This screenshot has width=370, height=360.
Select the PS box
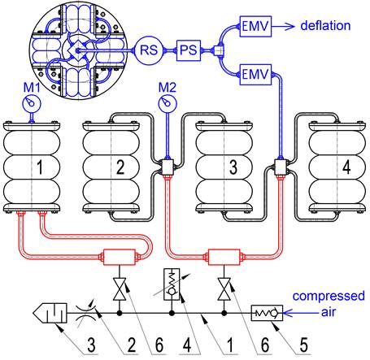point(189,50)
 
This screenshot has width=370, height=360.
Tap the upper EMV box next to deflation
point(255,26)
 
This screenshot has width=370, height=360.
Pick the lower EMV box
point(255,75)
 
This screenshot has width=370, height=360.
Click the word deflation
point(325,25)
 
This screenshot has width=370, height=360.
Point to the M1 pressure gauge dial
point(32,103)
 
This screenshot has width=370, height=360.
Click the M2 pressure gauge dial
point(168,103)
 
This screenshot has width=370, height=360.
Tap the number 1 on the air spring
point(40,167)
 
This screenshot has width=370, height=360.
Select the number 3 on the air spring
point(233,167)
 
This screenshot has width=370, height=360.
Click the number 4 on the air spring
point(346,167)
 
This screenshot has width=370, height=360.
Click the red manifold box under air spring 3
point(224,257)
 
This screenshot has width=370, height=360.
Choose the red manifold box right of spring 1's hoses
point(120,257)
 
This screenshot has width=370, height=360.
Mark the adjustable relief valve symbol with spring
point(172,284)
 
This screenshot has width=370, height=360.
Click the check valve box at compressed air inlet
point(267,313)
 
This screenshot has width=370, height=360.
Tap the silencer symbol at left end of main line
point(50,313)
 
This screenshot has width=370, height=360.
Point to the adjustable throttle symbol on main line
point(85,314)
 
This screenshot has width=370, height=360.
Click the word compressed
point(329,296)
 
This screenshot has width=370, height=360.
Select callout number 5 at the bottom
point(303,345)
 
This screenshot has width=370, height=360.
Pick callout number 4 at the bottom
point(187,345)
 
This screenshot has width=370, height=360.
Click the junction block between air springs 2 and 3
point(167,167)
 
